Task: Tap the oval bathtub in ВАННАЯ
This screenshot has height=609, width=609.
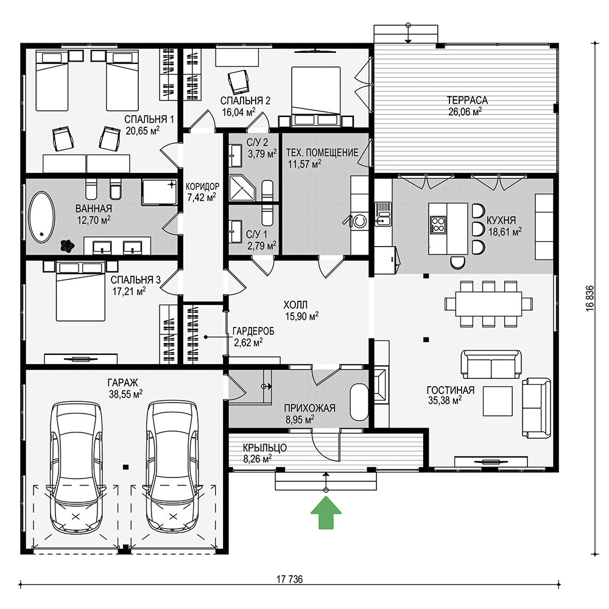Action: click(42, 217)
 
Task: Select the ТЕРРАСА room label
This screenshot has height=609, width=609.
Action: click(467, 100)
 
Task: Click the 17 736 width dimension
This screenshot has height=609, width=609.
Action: click(289, 580)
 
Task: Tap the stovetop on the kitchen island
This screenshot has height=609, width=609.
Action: click(438, 225)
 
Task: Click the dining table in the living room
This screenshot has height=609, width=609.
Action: click(488, 304)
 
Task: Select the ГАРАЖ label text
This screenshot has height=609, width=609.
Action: click(123, 383)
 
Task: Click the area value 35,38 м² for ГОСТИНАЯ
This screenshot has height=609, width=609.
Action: click(445, 400)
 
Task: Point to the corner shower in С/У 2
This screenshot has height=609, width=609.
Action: click(243, 188)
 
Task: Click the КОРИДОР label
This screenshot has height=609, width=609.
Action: click(202, 186)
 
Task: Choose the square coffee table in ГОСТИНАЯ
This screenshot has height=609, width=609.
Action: click(498, 401)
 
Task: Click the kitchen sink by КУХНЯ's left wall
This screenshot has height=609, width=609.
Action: click(383, 214)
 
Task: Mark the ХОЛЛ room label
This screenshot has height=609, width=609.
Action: click(295, 304)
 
